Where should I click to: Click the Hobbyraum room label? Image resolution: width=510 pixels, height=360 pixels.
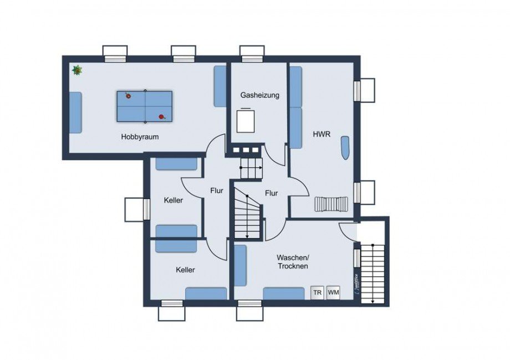click(x=140, y=137)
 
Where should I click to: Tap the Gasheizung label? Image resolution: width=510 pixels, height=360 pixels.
click(x=259, y=95)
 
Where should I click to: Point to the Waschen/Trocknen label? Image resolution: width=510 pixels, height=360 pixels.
click(x=293, y=262)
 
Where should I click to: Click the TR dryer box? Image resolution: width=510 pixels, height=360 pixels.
click(x=318, y=292)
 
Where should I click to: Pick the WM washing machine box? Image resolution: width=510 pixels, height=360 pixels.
click(x=333, y=292)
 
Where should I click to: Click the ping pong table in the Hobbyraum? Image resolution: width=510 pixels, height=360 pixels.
click(x=145, y=106)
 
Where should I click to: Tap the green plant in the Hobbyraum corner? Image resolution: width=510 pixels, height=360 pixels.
click(x=77, y=70)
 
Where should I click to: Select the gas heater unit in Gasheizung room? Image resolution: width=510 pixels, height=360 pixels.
click(x=246, y=120)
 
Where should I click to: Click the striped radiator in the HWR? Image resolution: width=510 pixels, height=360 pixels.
click(x=331, y=204)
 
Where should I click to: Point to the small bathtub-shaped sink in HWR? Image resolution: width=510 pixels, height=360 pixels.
click(x=345, y=148)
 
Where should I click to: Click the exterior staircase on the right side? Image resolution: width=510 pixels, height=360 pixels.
click(x=372, y=275)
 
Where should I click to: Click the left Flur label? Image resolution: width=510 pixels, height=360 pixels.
click(x=216, y=191)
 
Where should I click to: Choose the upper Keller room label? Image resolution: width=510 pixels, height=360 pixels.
click(x=174, y=200)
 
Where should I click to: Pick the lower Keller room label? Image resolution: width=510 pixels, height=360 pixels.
click(x=185, y=270)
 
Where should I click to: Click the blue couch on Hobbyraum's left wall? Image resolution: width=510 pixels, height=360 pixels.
click(x=75, y=112)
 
